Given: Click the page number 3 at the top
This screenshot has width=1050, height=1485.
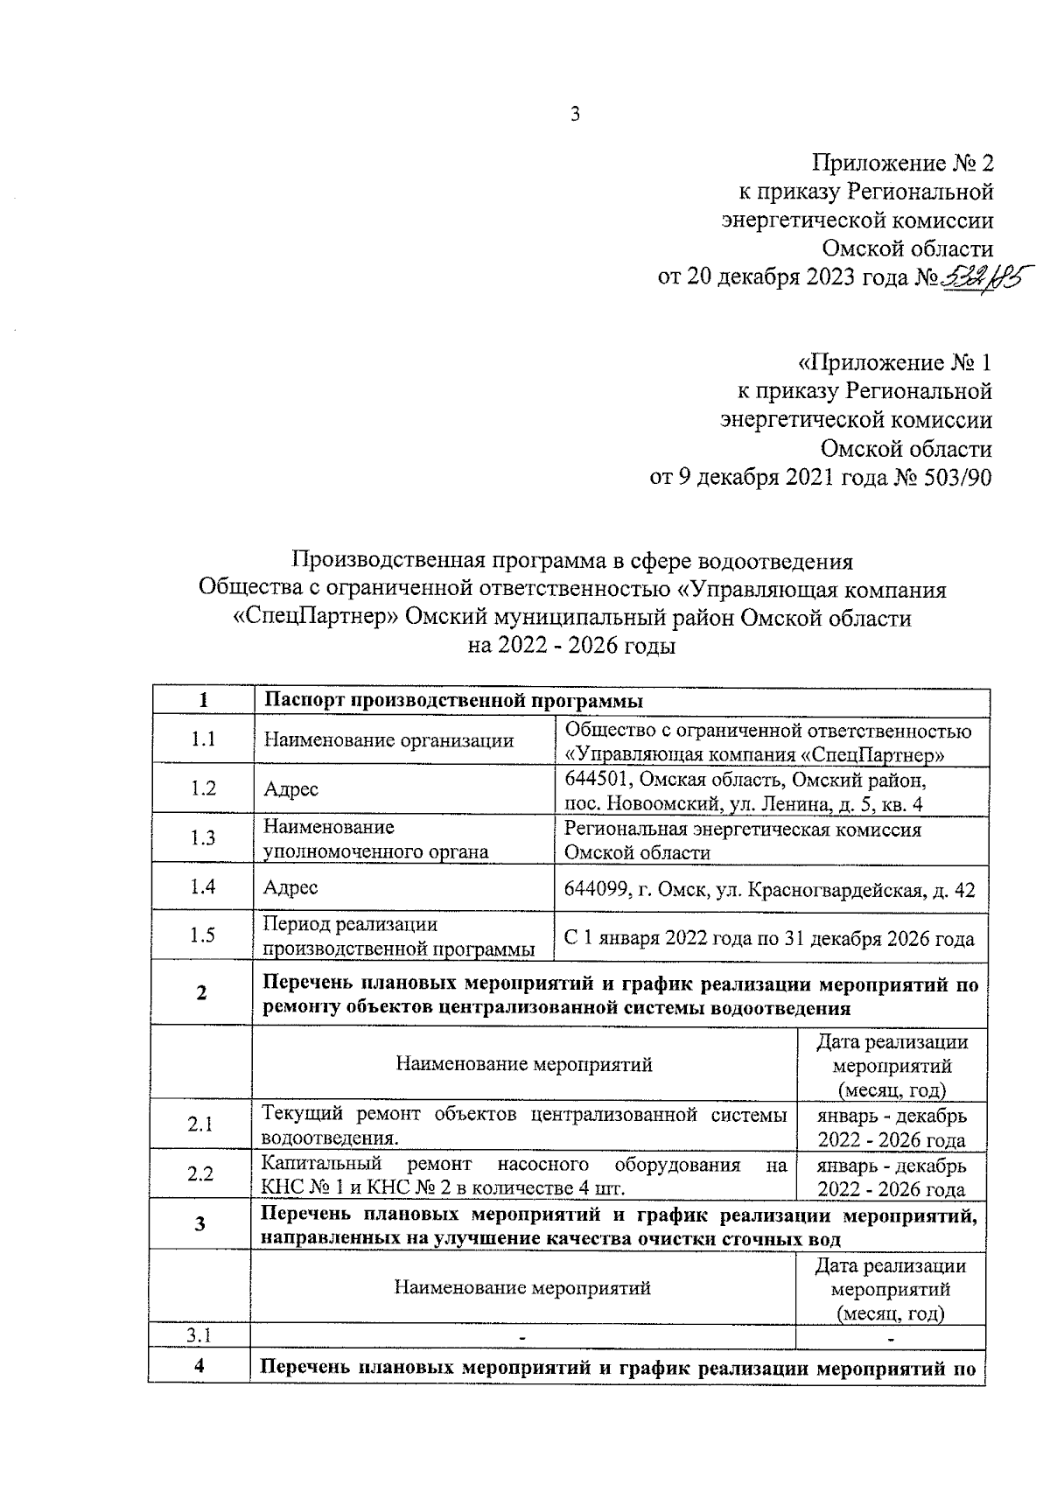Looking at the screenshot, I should [x=575, y=114].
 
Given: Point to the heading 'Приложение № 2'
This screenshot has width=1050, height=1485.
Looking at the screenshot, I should [x=903, y=164].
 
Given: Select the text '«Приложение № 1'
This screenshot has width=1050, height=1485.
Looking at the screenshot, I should [x=894, y=362].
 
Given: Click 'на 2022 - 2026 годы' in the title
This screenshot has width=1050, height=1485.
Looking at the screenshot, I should [x=572, y=647].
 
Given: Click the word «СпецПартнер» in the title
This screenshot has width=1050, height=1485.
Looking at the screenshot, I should [x=316, y=618].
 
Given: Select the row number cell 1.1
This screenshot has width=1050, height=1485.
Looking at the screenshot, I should [x=203, y=739].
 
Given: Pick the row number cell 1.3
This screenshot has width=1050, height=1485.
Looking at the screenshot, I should [x=203, y=838].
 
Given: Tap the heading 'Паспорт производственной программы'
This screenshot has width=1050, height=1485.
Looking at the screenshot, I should [x=453, y=701].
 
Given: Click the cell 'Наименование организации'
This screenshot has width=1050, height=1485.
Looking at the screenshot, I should [x=388, y=741].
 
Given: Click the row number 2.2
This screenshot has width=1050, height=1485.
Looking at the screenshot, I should [x=200, y=1174].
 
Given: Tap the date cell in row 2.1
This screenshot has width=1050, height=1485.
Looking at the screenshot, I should [x=892, y=1128].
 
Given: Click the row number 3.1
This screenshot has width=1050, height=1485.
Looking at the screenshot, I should [x=199, y=1335].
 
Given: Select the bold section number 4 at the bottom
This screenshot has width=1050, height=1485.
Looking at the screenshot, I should [x=199, y=1367].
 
